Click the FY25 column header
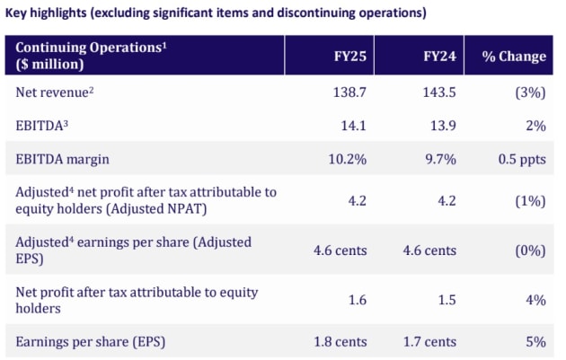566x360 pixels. pos(350,57)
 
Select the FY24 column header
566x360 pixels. pos(439,57)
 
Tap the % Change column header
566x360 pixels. pos(514,57)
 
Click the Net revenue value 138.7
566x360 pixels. pos(349,92)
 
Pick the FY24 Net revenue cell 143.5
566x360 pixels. pos(439,92)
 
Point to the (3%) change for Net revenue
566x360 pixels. pos(530,92)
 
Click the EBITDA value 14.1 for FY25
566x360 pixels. pos(353,126)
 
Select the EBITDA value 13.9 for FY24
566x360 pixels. pos(443,126)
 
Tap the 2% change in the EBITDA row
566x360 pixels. pos(535,126)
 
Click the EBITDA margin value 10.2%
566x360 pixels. pos(348,159)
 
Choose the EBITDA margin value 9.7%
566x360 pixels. pos(441,159)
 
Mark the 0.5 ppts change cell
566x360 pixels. pos(522,160)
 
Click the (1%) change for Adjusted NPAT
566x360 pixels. pos(530,201)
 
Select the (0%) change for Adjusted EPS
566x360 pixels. pos(530,250)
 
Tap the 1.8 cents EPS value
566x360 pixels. pos(340,342)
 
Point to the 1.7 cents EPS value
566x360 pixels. pos(429,342)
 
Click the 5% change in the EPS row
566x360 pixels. pos(535,342)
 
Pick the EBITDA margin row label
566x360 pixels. pos(63,160)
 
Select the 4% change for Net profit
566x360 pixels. pos(535,300)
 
